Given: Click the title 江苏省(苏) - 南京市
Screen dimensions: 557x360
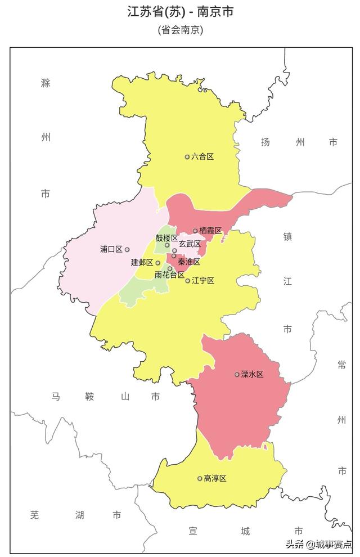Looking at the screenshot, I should click(x=180, y=12).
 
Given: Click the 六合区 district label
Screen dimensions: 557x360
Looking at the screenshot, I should click(x=202, y=156).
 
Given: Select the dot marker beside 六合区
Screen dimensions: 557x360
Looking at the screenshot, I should click(x=187, y=157).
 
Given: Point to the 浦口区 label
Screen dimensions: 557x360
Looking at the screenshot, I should click(x=111, y=249).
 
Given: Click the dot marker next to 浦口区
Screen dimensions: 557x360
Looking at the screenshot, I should click(x=127, y=249).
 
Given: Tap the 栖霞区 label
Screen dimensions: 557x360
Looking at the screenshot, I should click(x=210, y=231).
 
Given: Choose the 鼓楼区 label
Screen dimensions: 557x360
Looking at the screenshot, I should click(x=166, y=238).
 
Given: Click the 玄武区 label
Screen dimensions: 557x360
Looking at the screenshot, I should click(x=190, y=244).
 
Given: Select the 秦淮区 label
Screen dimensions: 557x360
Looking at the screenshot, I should click(x=189, y=262).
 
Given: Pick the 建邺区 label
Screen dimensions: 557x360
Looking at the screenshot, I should click(x=142, y=263).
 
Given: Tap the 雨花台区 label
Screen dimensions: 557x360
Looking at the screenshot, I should click(x=169, y=275).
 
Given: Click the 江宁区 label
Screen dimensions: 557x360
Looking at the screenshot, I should click(x=202, y=280).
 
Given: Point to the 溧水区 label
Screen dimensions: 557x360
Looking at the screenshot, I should click(x=252, y=374).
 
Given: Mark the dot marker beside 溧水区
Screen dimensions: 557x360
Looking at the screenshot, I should click(x=237, y=374).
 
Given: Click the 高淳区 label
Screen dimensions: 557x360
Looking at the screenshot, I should click(x=215, y=478).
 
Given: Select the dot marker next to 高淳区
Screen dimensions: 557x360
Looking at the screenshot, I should click(x=200, y=479).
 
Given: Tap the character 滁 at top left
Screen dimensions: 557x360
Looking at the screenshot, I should click(x=46, y=83).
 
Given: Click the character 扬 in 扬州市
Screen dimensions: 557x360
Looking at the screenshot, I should click(x=265, y=142).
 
